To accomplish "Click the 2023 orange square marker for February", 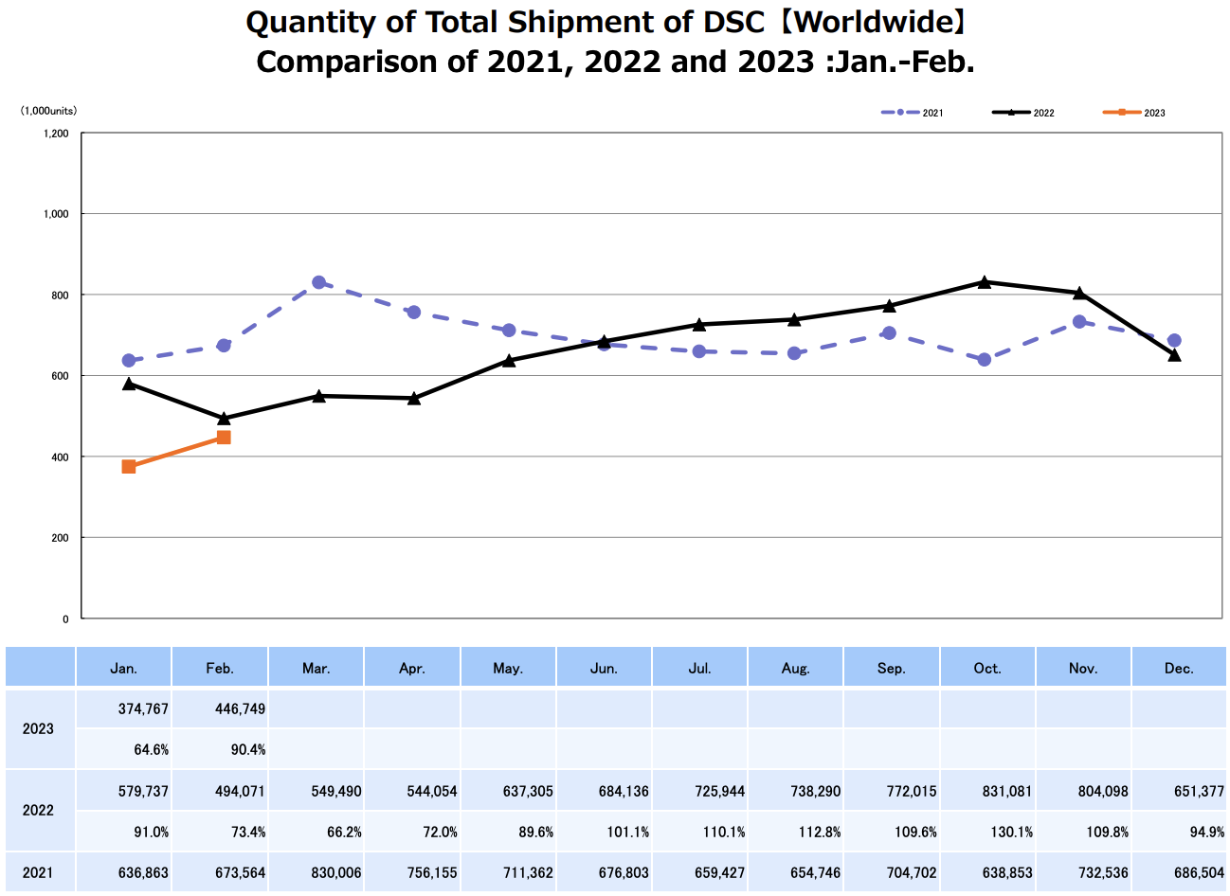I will [224, 438].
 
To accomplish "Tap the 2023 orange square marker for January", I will [129, 467].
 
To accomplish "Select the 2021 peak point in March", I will [318, 282].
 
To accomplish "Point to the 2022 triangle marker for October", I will [985, 282].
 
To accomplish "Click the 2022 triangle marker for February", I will [224, 419].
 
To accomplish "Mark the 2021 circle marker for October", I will [985, 360].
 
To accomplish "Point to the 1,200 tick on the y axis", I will [56, 134].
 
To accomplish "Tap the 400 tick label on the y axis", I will [60, 457].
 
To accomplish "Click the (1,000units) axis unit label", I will [48, 111].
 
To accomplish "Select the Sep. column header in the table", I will [891, 669].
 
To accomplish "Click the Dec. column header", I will [1179, 669].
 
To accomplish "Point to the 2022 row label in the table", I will [38, 811].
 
